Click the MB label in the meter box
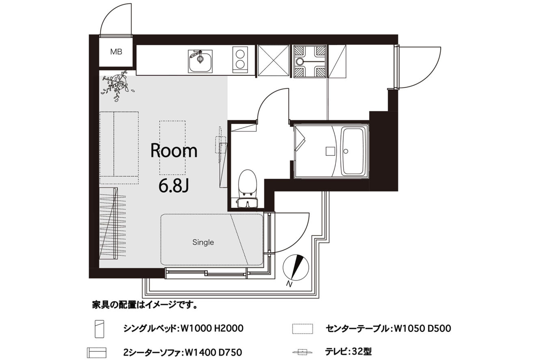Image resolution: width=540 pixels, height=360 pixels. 116,52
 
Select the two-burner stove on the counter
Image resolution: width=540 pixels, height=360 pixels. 240,60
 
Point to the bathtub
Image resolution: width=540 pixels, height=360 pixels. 353,151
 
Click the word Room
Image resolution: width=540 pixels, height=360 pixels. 174,151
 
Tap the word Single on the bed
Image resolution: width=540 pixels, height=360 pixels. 203,242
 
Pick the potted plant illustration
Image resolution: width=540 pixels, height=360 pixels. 117,85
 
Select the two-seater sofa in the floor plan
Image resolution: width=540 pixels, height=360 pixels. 119,148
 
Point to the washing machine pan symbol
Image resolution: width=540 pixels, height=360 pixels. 310,61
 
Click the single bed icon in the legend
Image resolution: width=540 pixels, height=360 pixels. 99,329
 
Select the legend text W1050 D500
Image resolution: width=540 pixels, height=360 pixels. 422,328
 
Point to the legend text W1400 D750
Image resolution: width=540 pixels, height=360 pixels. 213,353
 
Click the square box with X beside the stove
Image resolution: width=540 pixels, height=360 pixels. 273,60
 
